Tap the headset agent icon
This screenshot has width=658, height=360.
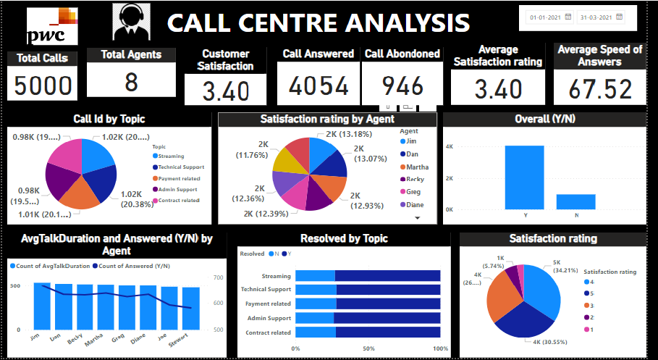click(x=132, y=22)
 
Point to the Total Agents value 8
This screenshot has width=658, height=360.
click(x=131, y=82)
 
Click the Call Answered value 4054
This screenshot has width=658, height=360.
click(x=319, y=86)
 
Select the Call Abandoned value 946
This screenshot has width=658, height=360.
click(x=402, y=86)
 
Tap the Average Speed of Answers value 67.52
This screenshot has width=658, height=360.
click(x=598, y=89)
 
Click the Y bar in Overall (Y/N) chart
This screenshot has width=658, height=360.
click(x=525, y=177)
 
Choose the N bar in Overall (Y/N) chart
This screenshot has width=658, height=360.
click(x=576, y=201)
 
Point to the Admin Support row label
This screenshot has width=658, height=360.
click(x=268, y=318)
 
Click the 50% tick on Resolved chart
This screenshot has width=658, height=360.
click(x=368, y=348)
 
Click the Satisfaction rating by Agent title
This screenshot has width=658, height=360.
click(x=328, y=119)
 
